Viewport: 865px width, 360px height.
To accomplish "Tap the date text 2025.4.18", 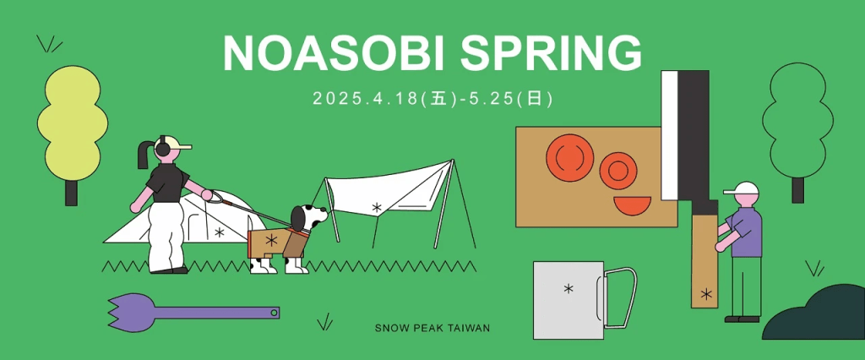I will tap(364, 99).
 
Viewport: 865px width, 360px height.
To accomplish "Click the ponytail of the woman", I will tap(144, 154).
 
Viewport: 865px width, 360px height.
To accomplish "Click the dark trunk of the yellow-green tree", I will tap(71, 193).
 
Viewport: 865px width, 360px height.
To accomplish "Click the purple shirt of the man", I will tap(746, 232).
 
